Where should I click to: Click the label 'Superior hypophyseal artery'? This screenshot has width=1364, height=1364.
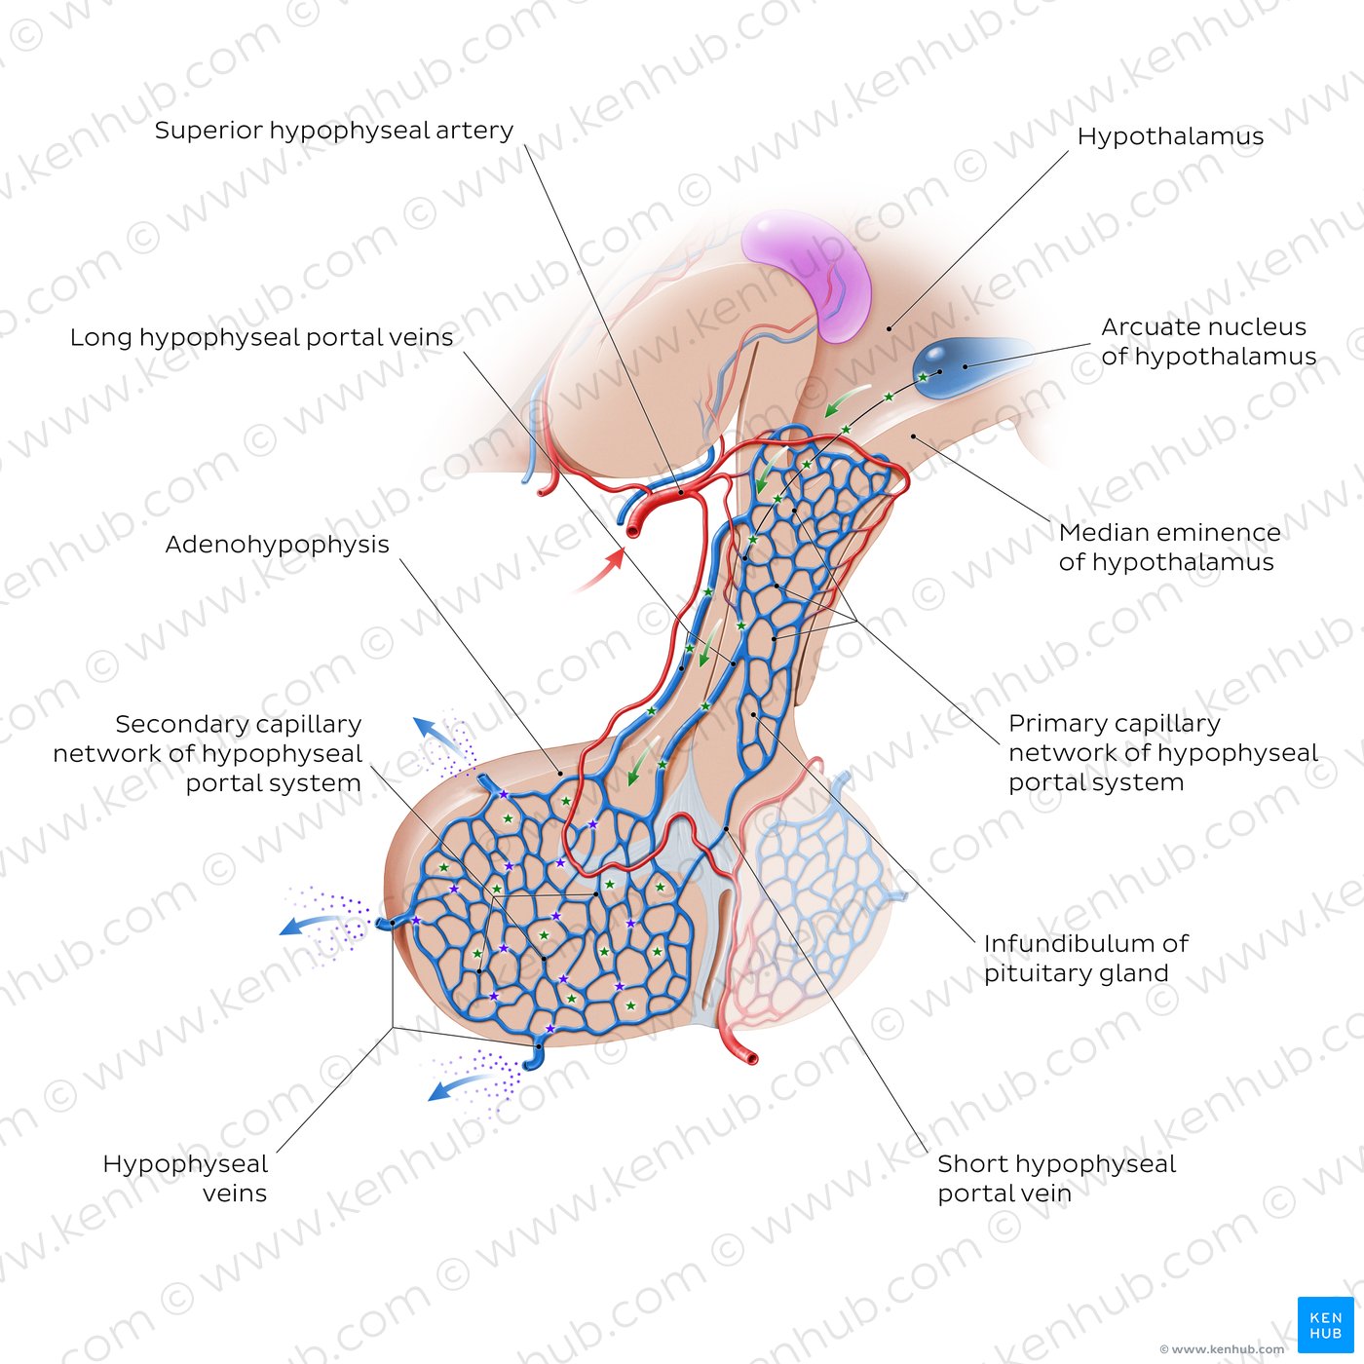click(333, 131)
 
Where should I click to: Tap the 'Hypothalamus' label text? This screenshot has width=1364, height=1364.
click(1170, 136)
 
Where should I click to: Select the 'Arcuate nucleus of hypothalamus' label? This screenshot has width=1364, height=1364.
click(1208, 341)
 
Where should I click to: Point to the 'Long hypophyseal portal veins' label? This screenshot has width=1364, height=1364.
click(261, 338)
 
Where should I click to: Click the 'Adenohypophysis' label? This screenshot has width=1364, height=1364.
click(277, 545)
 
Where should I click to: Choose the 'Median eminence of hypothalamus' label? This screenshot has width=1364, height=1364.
click(1169, 548)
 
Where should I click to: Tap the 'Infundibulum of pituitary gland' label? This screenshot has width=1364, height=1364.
click(1085, 959)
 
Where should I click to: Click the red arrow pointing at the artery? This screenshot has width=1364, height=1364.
click(600, 571)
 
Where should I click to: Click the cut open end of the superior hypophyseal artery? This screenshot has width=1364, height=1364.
click(634, 529)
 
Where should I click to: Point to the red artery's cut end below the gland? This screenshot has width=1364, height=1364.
click(750, 1059)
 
